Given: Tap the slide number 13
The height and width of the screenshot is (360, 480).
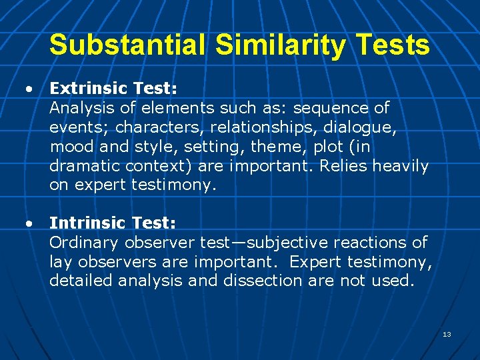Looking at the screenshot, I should (x=447, y=333).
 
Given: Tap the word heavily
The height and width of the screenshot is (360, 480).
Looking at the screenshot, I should (x=400, y=166).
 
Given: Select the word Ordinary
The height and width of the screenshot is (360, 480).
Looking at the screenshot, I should (x=83, y=243).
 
